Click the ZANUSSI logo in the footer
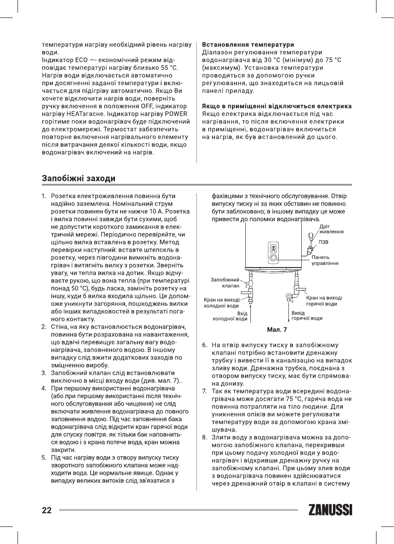click(329, 510)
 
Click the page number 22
click(47, 510)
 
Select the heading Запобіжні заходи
click(78, 178)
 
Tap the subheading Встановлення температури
click(247, 44)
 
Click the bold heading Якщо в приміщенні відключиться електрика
click(276, 106)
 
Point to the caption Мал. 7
click(277, 329)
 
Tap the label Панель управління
click(325, 260)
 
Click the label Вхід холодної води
click(230, 316)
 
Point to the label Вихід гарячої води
click(306, 316)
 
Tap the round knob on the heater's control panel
click(273, 258)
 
